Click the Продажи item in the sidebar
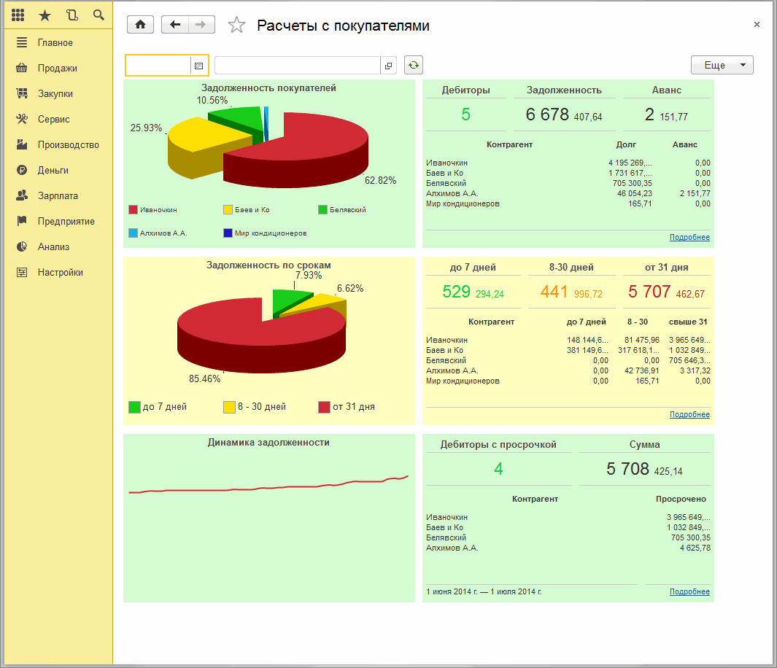pyautogui.click(x=57, y=69)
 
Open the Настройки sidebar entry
pyautogui.click(x=60, y=273)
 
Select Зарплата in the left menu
pyautogui.click(x=58, y=196)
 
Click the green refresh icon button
pyautogui.click(x=414, y=66)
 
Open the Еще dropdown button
pyautogui.click(x=722, y=66)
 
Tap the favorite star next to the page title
pyautogui.click(x=236, y=26)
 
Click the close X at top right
pyautogui.click(x=757, y=25)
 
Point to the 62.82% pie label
pyautogui.click(x=380, y=180)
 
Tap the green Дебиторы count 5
pyautogui.click(x=466, y=114)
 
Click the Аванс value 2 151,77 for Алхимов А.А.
pyautogui.click(x=694, y=194)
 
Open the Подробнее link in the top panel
pyautogui.click(x=689, y=238)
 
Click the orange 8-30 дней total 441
pyautogui.click(x=554, y=292)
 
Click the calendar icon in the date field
pyautogui.click(x=198, y=66)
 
